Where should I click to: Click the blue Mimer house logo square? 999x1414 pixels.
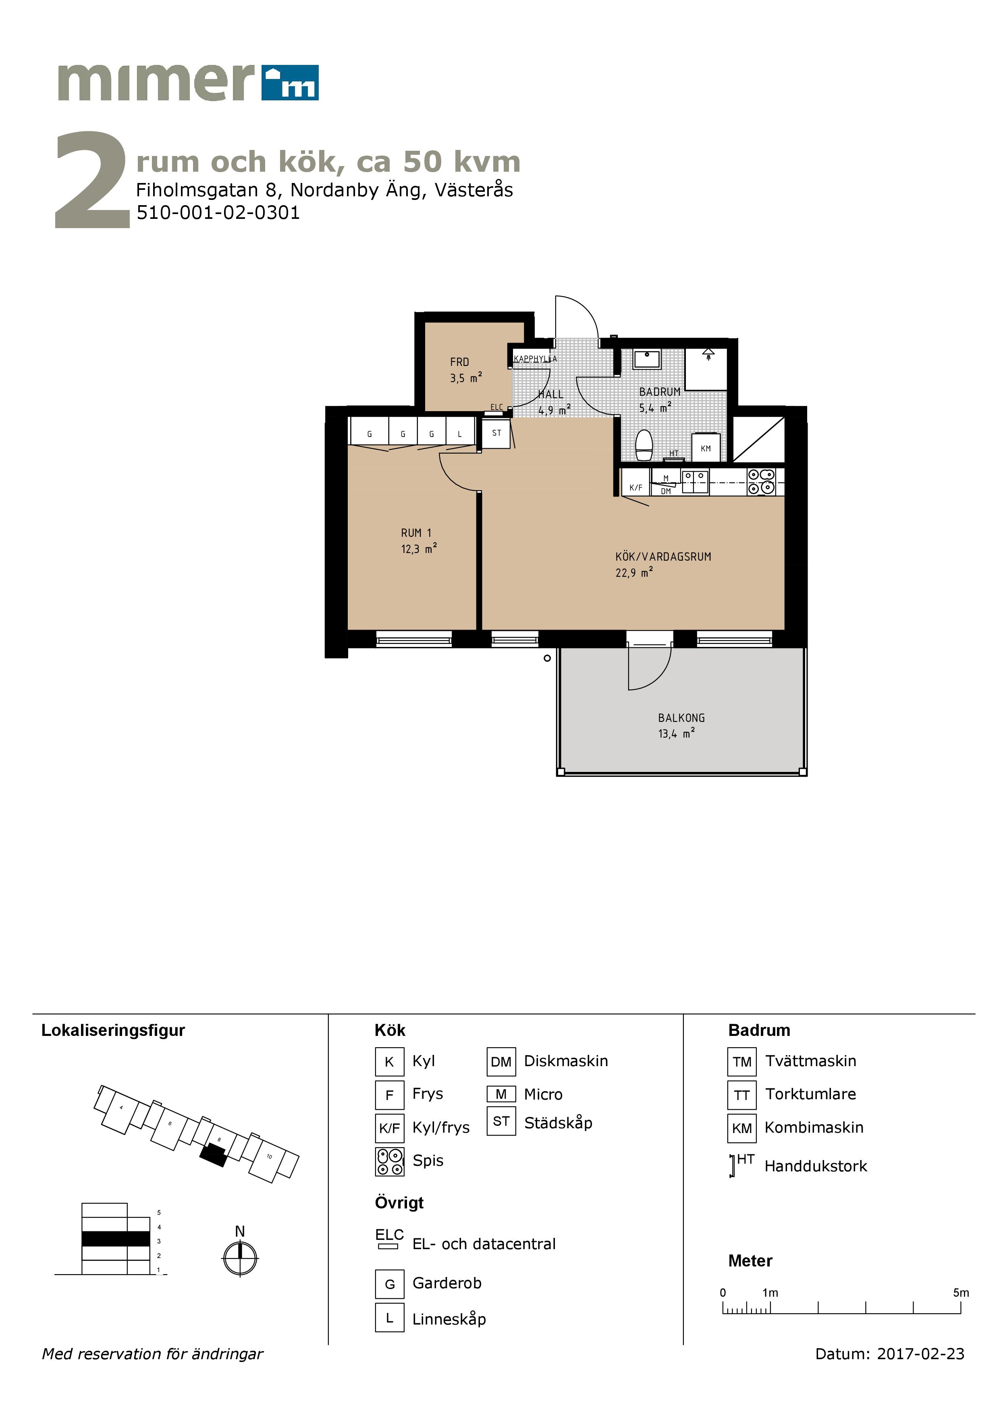(290, 83)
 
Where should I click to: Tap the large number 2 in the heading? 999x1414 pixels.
(92, 180)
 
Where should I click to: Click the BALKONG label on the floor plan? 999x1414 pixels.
(681, 718)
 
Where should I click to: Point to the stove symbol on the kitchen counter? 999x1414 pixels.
(761, 482)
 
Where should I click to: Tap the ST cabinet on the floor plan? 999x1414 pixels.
(496, 433)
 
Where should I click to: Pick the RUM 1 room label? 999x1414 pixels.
(416, 533)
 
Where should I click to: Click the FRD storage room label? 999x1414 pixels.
(459, 362)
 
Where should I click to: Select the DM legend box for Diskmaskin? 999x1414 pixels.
(501, 1061)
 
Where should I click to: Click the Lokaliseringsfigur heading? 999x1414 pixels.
(113, 1030)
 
